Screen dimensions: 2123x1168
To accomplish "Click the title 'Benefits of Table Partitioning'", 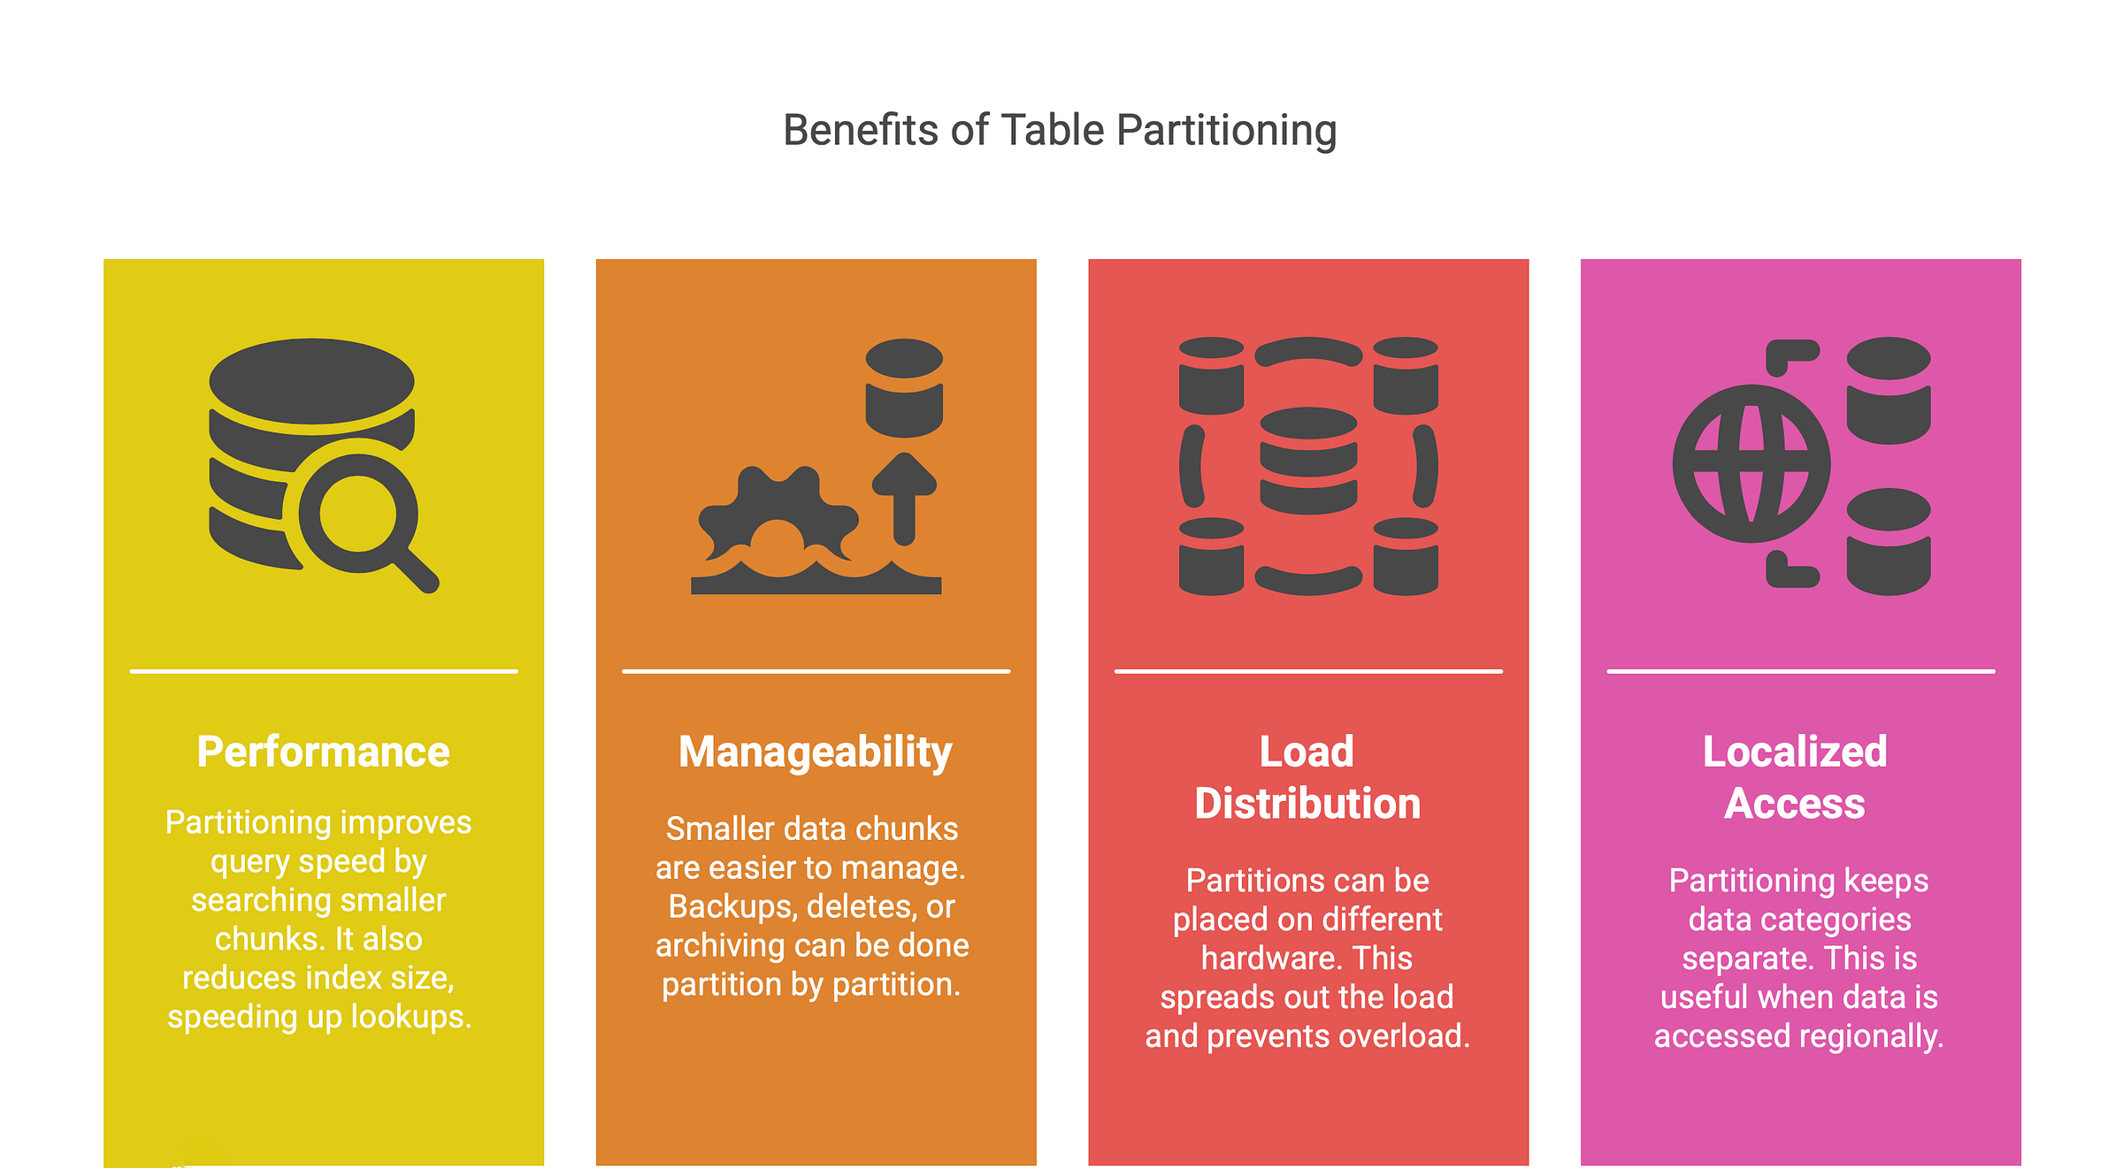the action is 1060,131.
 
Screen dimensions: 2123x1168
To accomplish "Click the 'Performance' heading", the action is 323,752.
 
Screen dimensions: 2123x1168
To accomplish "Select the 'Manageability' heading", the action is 815,752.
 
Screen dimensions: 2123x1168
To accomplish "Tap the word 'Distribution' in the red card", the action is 1307,804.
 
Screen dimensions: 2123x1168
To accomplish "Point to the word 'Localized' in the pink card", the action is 1795,752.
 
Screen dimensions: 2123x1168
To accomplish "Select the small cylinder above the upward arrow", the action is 904,387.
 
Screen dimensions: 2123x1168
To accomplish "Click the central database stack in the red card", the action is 1308,461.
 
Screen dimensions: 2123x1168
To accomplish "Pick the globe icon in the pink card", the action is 1751,463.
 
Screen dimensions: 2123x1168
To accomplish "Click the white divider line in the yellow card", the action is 323,671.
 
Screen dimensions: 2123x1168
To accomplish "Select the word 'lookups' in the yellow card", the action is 410,1017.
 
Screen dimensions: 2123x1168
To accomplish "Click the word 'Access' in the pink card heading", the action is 1795,804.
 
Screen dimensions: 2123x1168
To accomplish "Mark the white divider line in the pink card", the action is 1800,671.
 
